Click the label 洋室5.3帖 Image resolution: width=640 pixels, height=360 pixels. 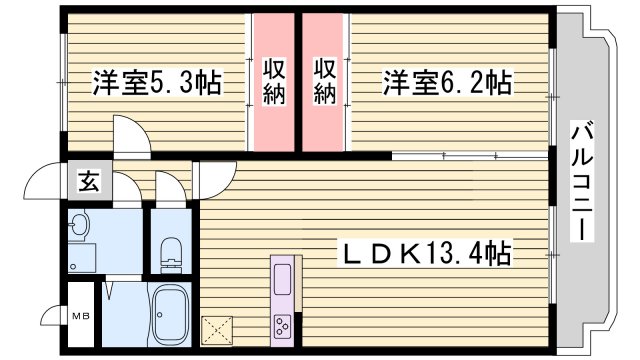click(x=157, y=81)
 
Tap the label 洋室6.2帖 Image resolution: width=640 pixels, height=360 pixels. click(x=446, y=81)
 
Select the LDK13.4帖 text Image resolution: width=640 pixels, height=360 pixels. click(x=428, y=254)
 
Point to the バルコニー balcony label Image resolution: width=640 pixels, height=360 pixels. click(x=580, y=180)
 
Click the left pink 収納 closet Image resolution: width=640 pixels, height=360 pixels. click(x=273, y=81)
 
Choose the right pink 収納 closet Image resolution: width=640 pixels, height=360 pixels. click(x=324, y=81)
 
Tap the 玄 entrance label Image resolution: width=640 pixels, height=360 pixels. click(x=88, y=183)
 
